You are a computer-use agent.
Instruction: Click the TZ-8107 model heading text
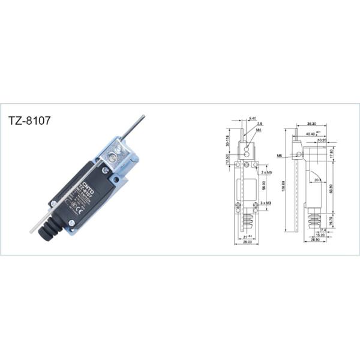pos(29,119)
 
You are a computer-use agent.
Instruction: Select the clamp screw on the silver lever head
pos(113,158)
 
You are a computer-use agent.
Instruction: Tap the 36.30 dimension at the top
pos(311,124)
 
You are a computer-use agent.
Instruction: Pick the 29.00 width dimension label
pos(246,241)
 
